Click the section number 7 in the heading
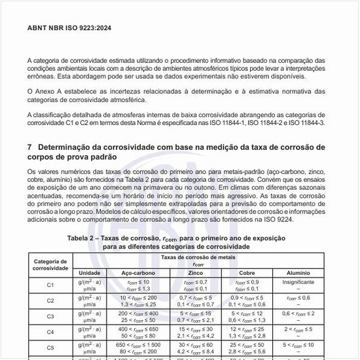[30, 147]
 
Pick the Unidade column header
[89, 272]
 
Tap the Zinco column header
[194, 272]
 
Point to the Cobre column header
[247, 272]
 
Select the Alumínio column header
[298, 272]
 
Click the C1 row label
[50, 285]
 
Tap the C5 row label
[50, 348]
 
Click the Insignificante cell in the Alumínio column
[298, 281]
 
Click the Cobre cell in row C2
[247, 300]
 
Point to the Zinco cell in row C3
[194, 316]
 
